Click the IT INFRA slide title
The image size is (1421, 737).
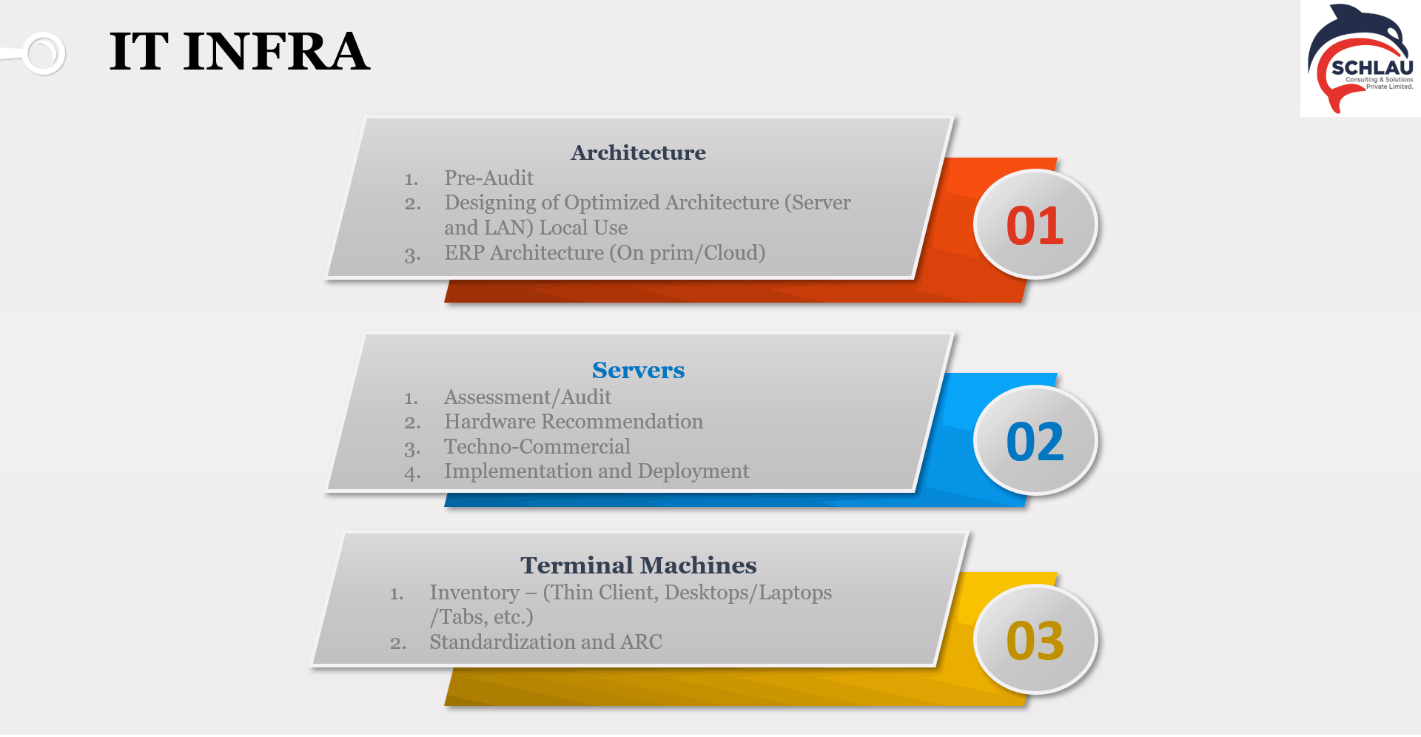(239, 52)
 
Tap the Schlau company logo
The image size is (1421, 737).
(1360, 58)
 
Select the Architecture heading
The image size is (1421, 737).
(638, 152)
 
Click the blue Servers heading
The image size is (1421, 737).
(638, 370)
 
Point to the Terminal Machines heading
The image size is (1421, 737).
(638, 565)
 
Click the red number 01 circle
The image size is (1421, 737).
(1035, 225)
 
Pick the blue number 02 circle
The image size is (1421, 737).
(1035, 441)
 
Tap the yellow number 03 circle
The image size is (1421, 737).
(1035, 640)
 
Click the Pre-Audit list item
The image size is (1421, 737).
(488, 178)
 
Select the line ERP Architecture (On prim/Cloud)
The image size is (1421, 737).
(605, 253)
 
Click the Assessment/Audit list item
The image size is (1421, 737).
(528, 397)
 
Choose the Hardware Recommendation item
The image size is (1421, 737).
(574, 422)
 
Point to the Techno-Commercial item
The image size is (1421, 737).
(537, 447)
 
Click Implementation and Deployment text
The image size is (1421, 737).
(597, 471)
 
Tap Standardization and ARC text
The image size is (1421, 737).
(545, 642)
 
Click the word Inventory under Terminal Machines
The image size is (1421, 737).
(474, 593)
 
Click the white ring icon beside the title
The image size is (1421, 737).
(44, 53)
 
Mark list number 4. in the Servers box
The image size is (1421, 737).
(412, 473)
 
